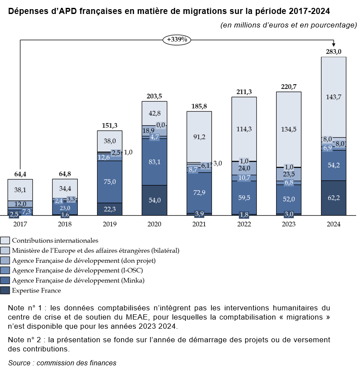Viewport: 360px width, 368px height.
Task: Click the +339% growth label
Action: (x=177, y=40)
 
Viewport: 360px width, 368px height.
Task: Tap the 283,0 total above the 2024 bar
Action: (x=333, y=52)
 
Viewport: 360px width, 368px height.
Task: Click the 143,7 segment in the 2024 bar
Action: (x=333, y=97)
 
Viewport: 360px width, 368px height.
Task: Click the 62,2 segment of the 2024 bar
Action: (x=333, y=197)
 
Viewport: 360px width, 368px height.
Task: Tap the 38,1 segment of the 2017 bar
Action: (x=20, y=190)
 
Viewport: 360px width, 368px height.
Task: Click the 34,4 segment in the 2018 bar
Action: (x=65, y=189)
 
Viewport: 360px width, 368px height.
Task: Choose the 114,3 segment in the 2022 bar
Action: (x=244, y=129)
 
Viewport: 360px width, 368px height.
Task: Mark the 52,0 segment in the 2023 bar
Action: (x=288, y=199)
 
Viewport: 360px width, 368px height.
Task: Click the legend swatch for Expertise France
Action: (x=5, y=290)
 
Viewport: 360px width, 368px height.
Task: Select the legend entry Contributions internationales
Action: (x=55, y=240)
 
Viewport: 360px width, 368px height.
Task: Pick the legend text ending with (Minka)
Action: (x=78, y=280)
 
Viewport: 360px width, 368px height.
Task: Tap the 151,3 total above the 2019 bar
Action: (x=110, y=125)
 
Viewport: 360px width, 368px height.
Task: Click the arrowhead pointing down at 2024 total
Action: (x=333, y=45)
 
